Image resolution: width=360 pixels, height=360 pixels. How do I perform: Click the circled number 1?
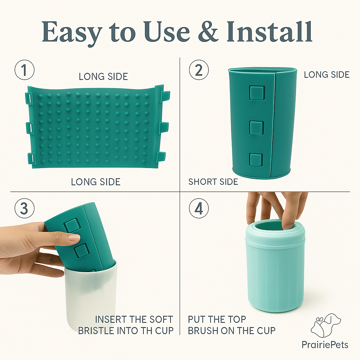pyautogui.click(x=24, y=70)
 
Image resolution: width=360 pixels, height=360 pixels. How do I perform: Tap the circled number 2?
pyautogui.click(x=199, y=70)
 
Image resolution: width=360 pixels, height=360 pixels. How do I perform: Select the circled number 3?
pyautogui.click(x=24, y=208)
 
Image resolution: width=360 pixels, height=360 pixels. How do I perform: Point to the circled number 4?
pyautogui.click(x=199, y=208)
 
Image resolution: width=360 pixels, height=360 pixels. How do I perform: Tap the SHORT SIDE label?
pyautogui.click(x=213, y=182)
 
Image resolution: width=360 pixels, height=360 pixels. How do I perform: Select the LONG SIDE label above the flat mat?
pyautogui.click(x=103, y=76)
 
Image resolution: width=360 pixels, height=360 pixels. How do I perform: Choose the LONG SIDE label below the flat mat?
pyautogui.click(x=96, y=182)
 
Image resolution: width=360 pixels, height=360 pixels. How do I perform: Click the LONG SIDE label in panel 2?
pyautogui.click(x=327, y=75)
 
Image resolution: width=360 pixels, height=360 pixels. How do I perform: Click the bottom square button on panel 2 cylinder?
pyautogui.click(x=256, y=160)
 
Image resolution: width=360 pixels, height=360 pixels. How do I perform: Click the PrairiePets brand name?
pyautogui.click(x=325, y=345)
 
